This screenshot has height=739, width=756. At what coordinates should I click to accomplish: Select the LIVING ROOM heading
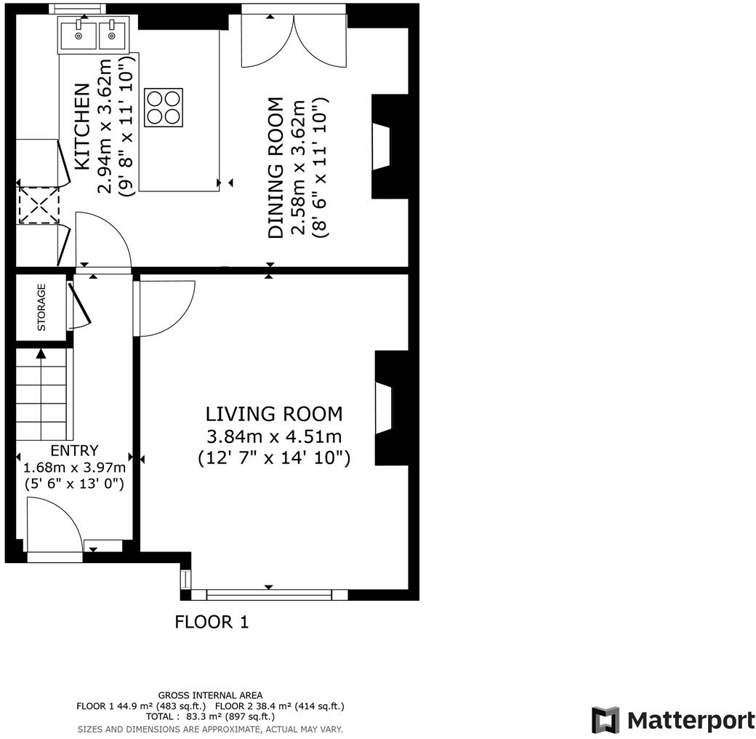(274, 414)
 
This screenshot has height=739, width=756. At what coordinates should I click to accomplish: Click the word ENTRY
(74, 451)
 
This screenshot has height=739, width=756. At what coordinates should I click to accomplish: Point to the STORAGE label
(41, 307)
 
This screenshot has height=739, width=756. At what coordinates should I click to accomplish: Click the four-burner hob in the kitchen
(164, 107)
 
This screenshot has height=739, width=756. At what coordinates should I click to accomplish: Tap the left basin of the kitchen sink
(77, 33)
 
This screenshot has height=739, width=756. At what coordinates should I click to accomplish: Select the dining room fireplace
(381, 146)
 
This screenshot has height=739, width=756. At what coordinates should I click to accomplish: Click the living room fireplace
(383, 408)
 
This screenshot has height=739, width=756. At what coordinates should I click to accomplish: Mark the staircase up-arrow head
(41, 353)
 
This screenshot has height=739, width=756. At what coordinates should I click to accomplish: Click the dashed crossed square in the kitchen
(38, 204)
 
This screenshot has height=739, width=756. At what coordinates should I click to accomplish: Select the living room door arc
(166, 308)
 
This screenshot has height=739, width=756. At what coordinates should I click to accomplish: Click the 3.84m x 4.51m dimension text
(274, 436)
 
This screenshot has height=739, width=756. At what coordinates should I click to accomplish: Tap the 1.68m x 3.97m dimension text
(74, 467)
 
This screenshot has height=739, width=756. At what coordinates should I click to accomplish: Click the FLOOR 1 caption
(212, 622)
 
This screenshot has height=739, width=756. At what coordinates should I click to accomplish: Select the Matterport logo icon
(605, 720)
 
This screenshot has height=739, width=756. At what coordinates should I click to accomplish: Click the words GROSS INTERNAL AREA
(210, 695)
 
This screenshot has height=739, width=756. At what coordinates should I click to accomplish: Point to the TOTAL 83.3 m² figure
(210, 716)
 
